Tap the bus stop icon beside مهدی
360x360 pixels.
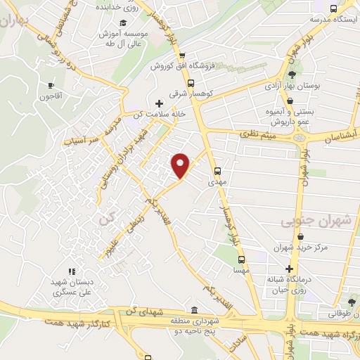pyautogui.click(x=218, y=170)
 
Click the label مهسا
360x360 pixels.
pyautogui.click(x=239, y=269)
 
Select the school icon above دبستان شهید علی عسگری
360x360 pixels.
pyautogui.click(x=71, y=271)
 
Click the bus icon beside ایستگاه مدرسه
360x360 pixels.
pyautogui.click(x=333, y=9)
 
